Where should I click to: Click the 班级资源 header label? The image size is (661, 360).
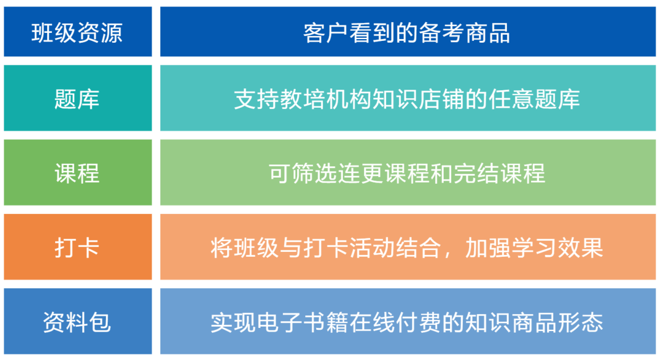77,32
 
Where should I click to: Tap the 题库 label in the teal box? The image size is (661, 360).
77,99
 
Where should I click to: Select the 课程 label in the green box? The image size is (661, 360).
77,173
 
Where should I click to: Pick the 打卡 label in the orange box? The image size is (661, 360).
77,247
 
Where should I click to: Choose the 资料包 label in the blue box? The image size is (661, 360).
77,322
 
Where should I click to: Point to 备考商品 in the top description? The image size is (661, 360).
465,32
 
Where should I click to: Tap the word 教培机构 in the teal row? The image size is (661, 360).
326,99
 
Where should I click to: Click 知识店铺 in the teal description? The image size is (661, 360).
418,99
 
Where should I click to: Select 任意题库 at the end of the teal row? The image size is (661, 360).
534,99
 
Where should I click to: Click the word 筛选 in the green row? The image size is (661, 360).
314,173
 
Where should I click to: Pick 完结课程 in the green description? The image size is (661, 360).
499,173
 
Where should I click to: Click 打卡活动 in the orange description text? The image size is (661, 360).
349,247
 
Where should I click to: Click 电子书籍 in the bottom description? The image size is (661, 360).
303,322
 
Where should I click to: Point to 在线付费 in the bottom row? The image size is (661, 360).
395,322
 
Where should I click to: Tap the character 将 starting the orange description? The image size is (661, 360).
222,247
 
